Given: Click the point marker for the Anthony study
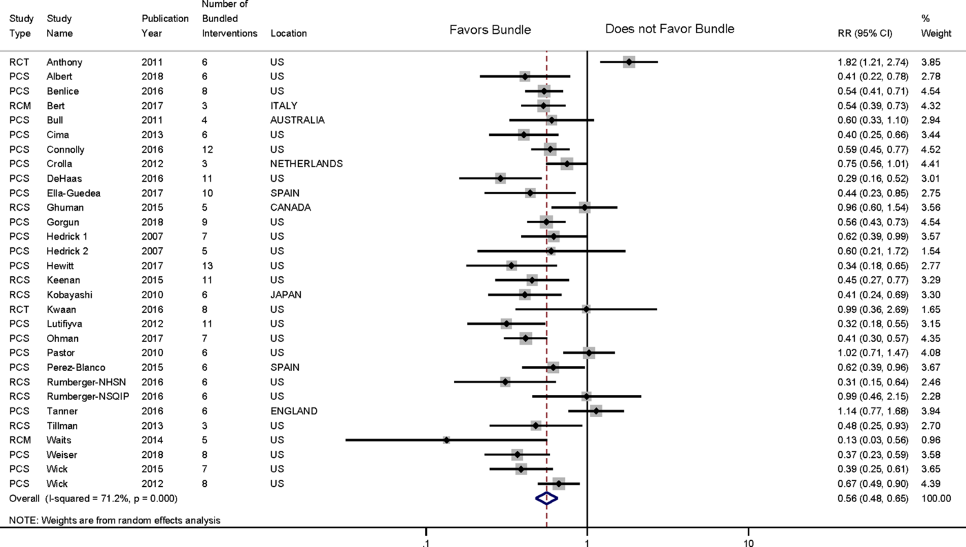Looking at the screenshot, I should (x=629, y=62).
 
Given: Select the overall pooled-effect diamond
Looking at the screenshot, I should (x=546, y=498).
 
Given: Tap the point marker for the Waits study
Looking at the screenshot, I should (x=446, y=440).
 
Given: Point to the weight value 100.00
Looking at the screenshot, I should (x=936, y=498).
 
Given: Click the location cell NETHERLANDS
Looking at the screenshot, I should (x=306, y=164).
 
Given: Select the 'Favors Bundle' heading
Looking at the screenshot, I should (x=490, y=30).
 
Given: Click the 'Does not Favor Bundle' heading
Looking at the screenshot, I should (x=669, y=29).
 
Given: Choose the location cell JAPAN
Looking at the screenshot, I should (x=286, y=294).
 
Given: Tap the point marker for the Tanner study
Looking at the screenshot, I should (x=596, y=411).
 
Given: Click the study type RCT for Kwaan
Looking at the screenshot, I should (x=19, y=309).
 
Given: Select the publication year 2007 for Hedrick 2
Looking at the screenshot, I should (x=152, y=251).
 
